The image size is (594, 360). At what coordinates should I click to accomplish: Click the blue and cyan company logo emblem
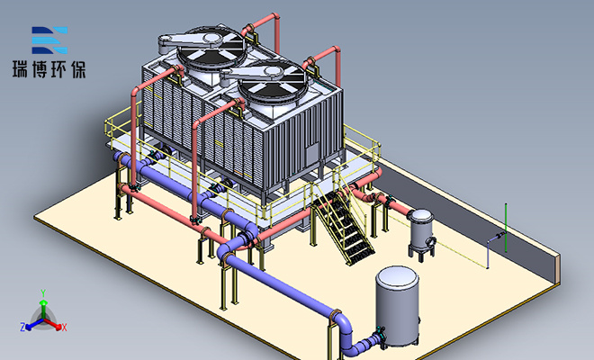49,40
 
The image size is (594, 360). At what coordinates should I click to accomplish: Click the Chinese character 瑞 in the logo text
21,69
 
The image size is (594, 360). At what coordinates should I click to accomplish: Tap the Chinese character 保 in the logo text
78,69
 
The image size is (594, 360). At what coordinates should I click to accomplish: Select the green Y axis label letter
43,292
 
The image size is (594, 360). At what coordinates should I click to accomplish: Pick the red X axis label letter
65,328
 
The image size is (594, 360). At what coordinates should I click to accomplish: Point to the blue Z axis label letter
22,327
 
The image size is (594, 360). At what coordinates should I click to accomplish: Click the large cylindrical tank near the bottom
398,306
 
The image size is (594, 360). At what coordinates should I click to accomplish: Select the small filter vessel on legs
421,234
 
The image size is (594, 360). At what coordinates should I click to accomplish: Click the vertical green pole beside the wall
506,228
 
